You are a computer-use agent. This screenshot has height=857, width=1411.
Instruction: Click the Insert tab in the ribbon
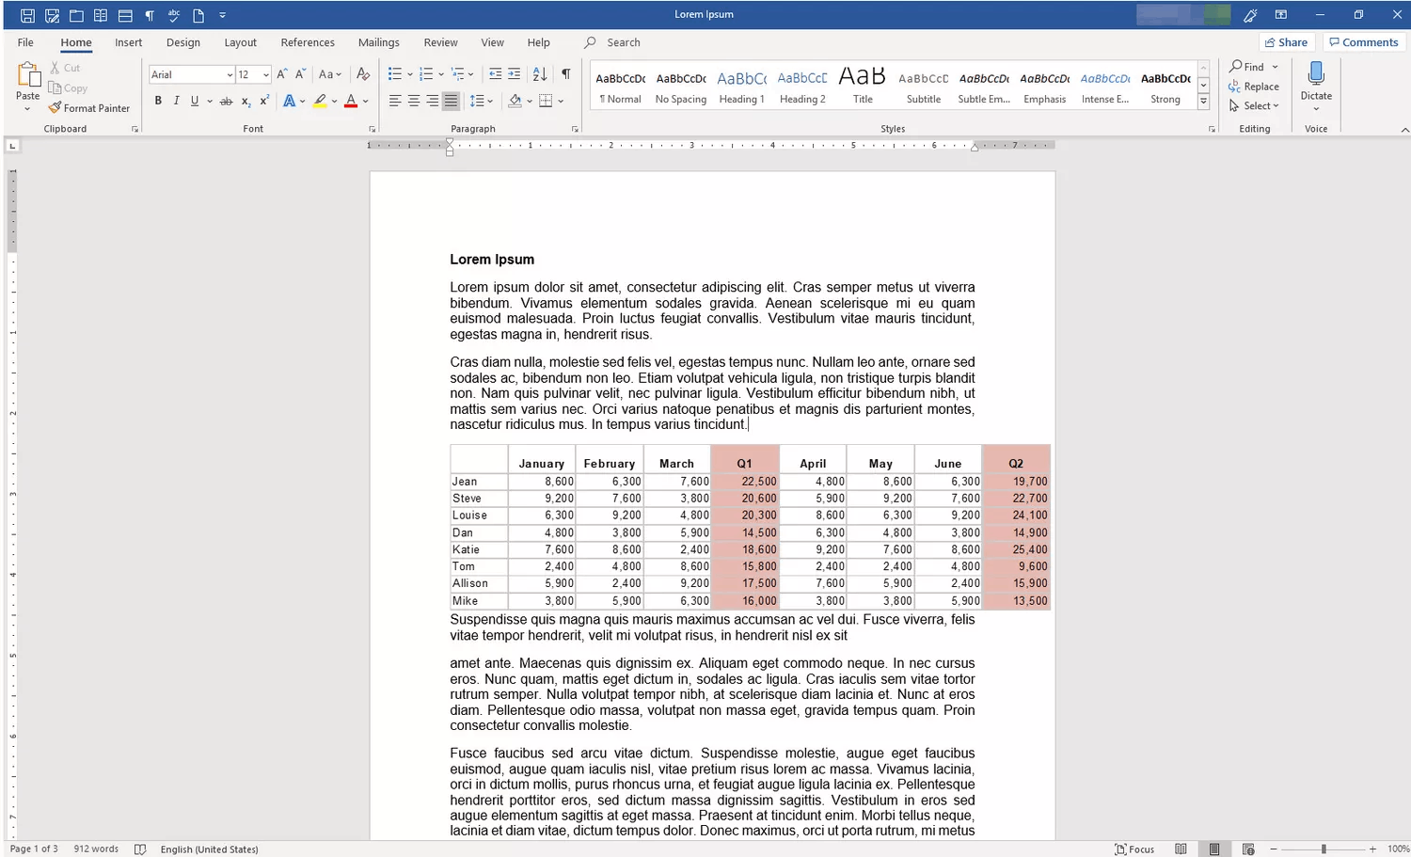click(x=128, y=42)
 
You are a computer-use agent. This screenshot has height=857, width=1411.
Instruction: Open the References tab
click(x=308, y=42)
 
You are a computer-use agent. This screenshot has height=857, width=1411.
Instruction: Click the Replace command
click(x=1254, y=87)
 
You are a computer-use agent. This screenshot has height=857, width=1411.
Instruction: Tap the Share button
click(x=1286, y=42)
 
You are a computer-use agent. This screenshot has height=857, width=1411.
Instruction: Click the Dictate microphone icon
click(x=1316, y=74)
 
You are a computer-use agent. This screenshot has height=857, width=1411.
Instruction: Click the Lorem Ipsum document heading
click(x=492, y=260)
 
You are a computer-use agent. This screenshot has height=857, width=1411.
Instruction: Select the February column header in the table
click(x=609, y=464)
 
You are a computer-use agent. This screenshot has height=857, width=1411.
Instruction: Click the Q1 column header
click(x=744, y=464)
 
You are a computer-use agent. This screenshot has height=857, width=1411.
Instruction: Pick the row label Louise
click(x=469, y=516)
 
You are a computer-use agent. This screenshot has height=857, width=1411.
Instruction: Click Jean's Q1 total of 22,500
click(x=759, y=482)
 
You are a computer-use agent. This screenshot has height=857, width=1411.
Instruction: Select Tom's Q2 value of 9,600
click(x=1032, y=566)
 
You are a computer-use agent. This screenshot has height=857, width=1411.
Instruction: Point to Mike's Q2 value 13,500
click(x=1030, y=601)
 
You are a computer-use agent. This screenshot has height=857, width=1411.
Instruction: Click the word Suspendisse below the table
click(x=488, y=620)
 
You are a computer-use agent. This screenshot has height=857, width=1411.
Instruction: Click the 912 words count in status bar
click(x=96, y=849)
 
